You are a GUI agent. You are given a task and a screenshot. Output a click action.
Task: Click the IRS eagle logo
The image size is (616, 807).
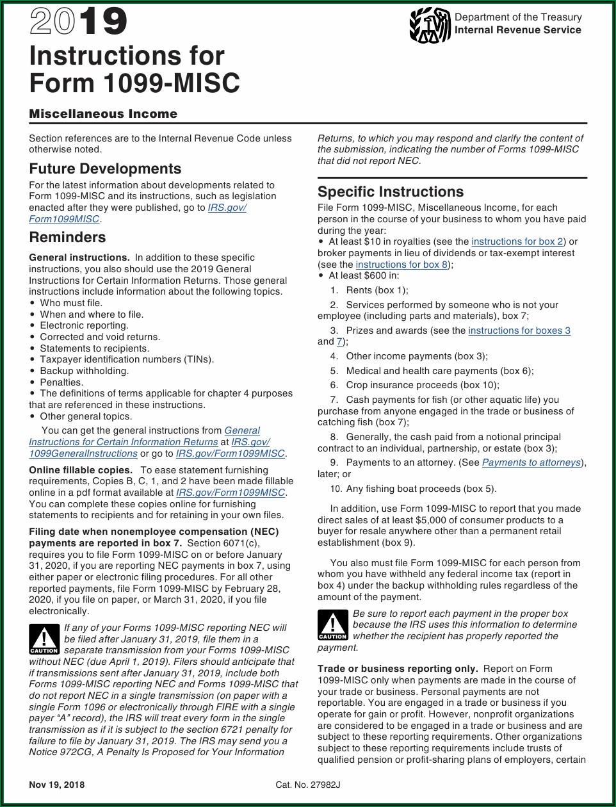coord(430,25)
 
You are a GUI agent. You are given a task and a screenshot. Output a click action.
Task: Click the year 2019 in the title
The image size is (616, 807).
coord(78,21)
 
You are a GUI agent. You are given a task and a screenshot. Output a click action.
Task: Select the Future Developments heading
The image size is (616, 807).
coord(105,168)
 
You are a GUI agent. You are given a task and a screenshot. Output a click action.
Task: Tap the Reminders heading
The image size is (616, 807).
coord(67,237)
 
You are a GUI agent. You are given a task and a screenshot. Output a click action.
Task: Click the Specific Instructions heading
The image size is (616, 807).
coord(391,192)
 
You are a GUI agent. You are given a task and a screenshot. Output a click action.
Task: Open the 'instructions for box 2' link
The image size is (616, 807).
coord(517,241)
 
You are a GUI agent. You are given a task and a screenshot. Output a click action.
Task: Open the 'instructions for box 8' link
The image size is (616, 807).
coord(402,265)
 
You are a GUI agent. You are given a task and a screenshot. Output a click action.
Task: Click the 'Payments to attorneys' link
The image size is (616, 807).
coord(531,462)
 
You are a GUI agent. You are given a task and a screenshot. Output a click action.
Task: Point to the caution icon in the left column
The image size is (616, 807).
coord(44,639)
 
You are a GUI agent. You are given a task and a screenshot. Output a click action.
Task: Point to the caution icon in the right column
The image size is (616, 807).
coord(332,624)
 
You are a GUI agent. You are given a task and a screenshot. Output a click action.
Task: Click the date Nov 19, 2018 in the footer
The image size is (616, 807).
coord(56,785)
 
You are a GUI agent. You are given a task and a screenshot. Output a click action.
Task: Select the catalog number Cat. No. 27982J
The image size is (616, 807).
coord(308,785)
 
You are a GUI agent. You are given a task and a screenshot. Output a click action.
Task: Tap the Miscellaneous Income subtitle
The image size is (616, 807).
coord(103,114)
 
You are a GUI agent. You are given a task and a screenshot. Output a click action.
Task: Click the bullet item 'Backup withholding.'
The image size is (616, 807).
coord(84,371)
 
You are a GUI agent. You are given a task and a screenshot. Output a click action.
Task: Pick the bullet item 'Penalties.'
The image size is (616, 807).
coord(61,382)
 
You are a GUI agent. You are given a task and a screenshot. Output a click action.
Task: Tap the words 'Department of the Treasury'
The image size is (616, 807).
coord(518,17)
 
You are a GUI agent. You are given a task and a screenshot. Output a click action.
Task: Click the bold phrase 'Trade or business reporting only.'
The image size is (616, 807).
coord(398,669)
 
